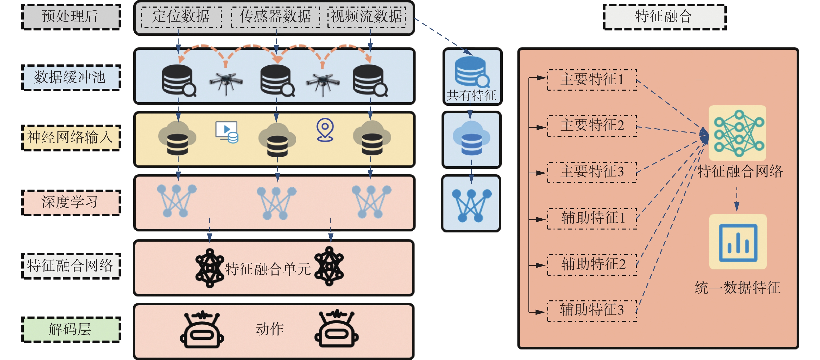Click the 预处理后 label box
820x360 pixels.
pos(71,17)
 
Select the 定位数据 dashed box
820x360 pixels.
pos(181,17)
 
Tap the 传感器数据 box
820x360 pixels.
pos(275,17)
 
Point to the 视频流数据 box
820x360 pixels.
pos(367,17)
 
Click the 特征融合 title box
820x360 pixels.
pos(665,17)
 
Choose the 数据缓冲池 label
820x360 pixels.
pos(71,78)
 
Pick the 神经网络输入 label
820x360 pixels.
pos(71,137)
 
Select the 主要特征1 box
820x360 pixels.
pos(592,80)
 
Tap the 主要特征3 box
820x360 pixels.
pos(592,172)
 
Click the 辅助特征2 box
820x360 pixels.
pos(592,264)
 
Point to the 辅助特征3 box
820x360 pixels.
pos(592,311)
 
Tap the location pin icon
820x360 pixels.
pos(325,130)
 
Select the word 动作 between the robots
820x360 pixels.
pos(270,329)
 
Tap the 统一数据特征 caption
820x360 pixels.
pos(737,288)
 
